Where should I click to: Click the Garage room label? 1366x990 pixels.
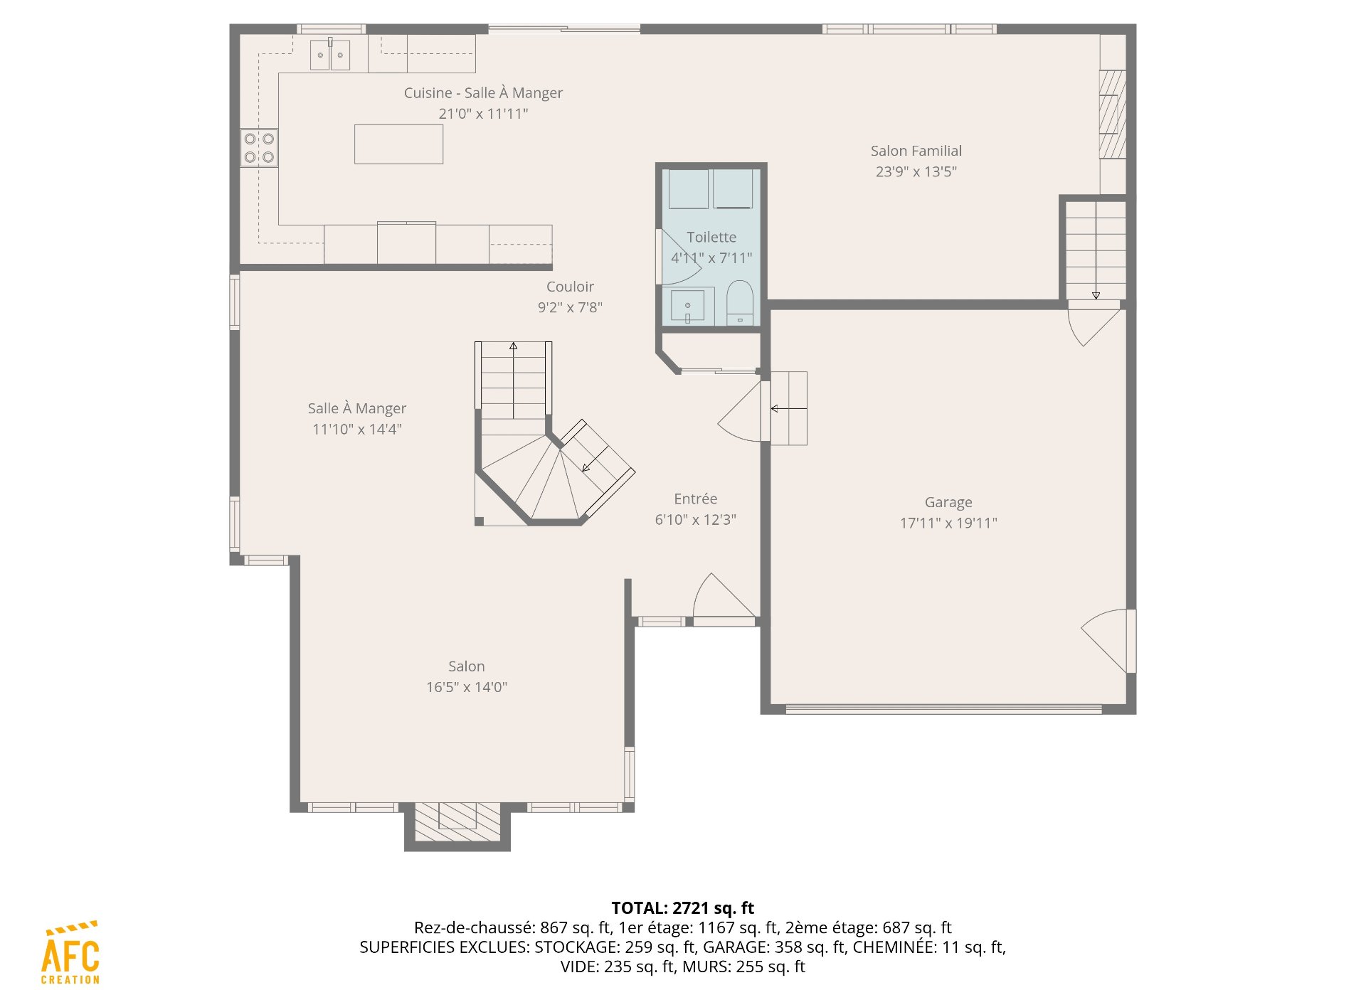click(x=948, y=502)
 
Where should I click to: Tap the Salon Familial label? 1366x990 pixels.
click(x=916, y=151)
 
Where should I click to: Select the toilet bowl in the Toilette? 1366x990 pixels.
click(x=740, y=303)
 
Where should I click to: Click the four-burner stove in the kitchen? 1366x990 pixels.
click(x=259, y=148)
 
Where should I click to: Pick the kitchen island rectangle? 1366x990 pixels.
click(x=398, y=144)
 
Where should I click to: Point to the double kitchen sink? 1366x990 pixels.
click(x=330, y=55)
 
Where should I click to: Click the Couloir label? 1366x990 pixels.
click(x=570, y=287)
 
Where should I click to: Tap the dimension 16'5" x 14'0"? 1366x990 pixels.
click(x=467, y=687)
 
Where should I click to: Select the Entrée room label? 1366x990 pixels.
click(x=696, y=499)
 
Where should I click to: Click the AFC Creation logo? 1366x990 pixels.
click(x=70, y=953)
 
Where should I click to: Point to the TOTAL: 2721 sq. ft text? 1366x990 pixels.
click(x=683, y=908)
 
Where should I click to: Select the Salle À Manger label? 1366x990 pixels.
click(x=357, y=408)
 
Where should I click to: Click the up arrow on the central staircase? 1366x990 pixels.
click(x=514, y=380)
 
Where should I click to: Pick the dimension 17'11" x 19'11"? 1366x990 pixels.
click(x=948, y=523)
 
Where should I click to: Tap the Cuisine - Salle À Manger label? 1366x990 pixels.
click(x=483, y=93)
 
